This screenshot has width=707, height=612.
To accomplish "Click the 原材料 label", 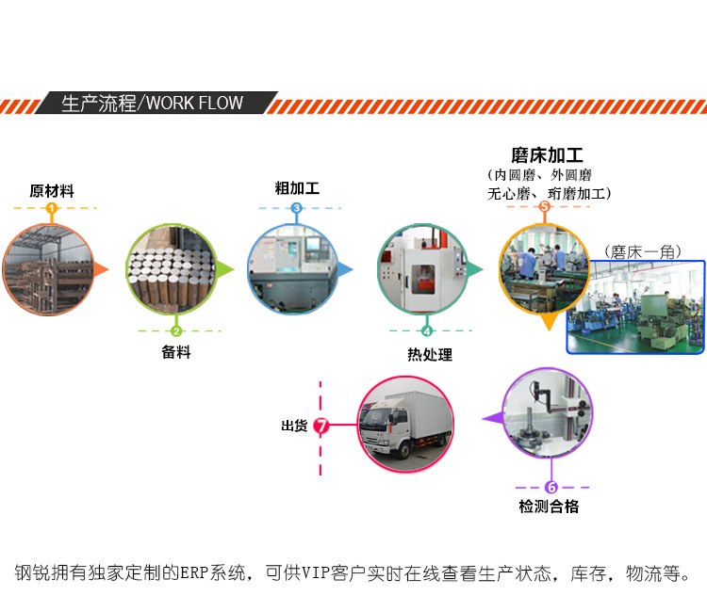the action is click(x=52, y=191).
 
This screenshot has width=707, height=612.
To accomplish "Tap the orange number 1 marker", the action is click(x=52, y=208).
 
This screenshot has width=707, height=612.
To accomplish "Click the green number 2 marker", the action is click(x=176, y=330).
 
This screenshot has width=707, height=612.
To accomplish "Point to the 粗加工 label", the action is click(x=297, y=188).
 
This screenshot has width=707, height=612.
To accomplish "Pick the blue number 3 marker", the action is click(x=297, y=208).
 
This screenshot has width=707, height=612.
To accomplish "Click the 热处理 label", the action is click(x=430, y=355).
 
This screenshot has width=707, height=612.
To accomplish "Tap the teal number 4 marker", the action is click(x=427, y=330).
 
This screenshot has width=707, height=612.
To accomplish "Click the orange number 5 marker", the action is click(x=544, y=206).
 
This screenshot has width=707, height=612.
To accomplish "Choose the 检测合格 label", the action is click(x=549, y=507).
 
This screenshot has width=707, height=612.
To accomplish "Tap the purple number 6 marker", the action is click(x=551, y=487).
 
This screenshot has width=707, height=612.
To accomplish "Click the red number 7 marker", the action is click(x=321, y=427).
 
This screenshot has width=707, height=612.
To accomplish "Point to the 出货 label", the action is click(x=294, y=427).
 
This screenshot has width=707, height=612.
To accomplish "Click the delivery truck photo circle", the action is click(x=406, y=424).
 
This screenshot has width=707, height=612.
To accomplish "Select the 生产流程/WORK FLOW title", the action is click(x=152, y=103).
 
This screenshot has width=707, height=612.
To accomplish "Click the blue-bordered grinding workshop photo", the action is click(x=635, y=307).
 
